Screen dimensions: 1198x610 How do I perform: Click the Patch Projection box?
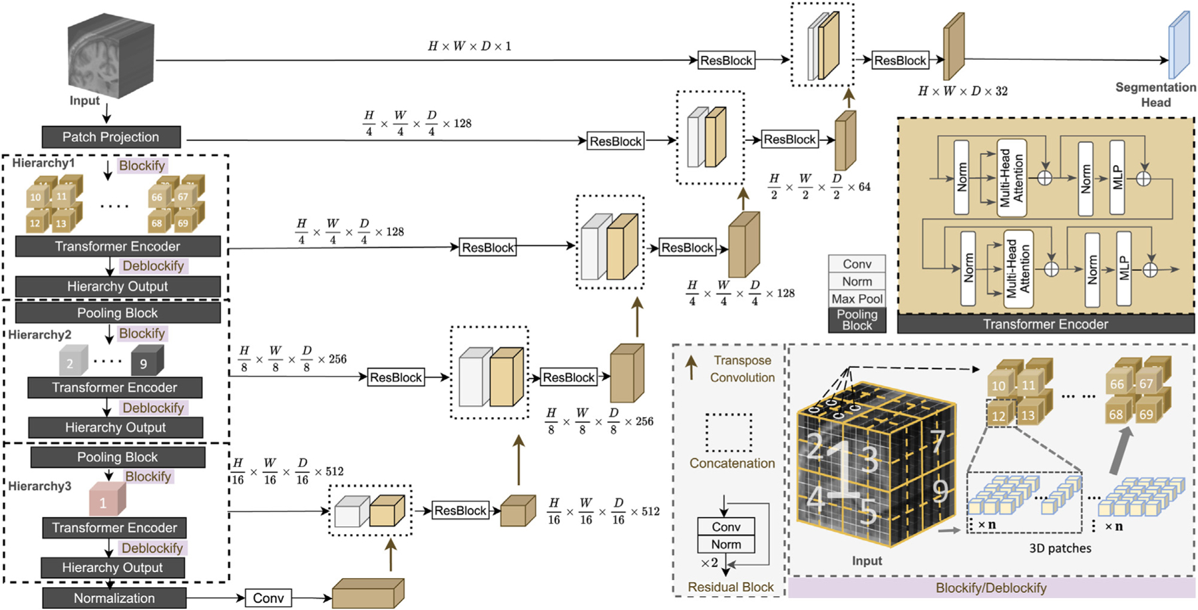tap(111, 137)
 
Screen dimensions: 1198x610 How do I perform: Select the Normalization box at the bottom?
tap(114, 598)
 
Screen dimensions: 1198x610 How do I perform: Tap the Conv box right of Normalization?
tap(268, 598)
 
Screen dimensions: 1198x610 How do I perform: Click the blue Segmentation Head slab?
tap(1179, 45)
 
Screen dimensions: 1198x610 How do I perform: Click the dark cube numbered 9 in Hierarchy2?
tap(147, 361)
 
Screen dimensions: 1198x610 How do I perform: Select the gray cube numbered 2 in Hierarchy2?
tap(74, 361)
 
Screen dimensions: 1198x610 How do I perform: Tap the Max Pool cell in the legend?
tap(857, 299)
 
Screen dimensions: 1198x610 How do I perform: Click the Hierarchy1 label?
tap(43, 163)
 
